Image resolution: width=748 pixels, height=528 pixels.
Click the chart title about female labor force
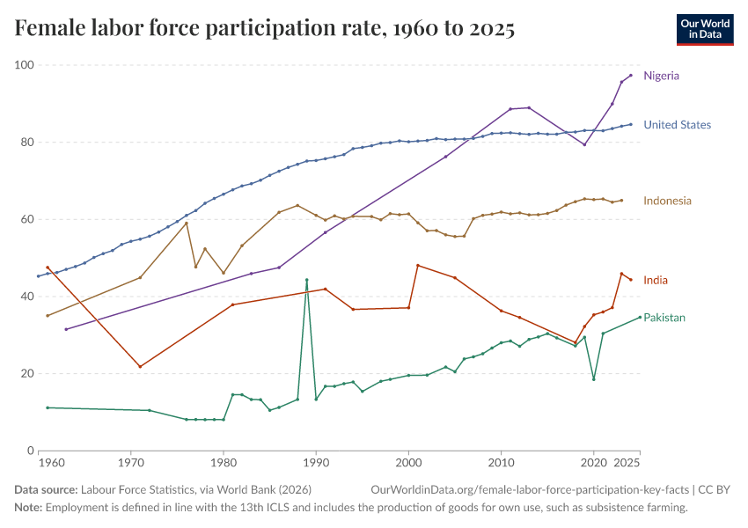264,29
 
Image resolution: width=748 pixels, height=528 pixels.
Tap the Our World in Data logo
704,29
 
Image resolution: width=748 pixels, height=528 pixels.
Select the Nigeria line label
661,76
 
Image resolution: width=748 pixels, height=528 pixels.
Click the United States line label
677,125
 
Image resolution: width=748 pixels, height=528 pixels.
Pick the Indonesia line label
667,201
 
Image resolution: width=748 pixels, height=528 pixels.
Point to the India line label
656,280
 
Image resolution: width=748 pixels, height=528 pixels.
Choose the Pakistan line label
664,318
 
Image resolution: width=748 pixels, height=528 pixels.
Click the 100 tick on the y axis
24,65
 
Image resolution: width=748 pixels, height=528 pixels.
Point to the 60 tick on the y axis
26,219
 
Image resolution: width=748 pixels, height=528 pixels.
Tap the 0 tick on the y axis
30,451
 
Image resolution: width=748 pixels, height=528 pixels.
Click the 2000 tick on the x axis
408,462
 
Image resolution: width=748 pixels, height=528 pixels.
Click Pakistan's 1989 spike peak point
306,280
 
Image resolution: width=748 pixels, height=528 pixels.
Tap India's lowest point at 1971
140,366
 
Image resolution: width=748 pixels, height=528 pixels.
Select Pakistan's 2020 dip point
594,379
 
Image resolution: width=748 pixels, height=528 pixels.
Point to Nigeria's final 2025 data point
631,75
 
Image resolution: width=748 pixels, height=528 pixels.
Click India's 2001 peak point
418,265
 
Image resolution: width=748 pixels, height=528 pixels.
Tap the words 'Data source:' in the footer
45,489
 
